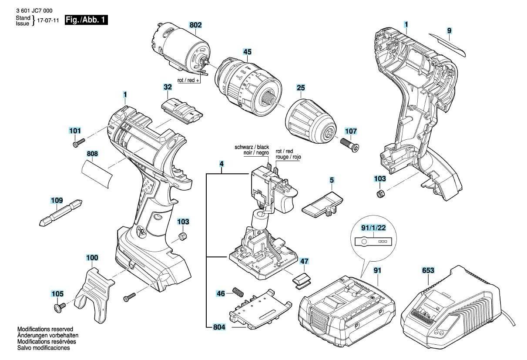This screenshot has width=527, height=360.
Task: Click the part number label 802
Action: point(195,26)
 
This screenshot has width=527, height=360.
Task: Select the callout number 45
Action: point(247,52)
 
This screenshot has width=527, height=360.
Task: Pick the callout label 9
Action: point(449,30)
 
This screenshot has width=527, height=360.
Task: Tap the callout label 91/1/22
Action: point(373,228)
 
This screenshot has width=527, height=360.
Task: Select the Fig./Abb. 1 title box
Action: point(86,20)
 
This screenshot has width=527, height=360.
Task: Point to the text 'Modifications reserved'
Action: point(45,329)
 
